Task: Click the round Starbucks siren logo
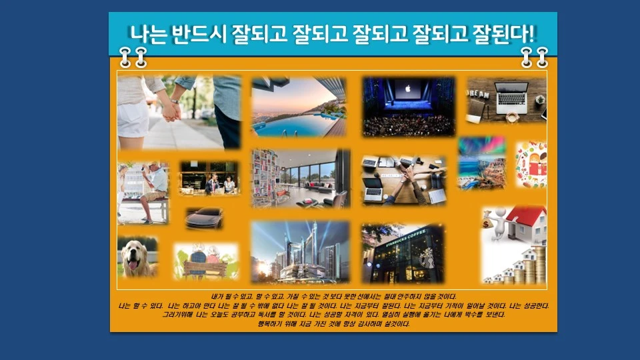click(x=427, y=255)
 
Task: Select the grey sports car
click(x=204, y=217)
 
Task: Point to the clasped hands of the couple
click(x=171, y=111)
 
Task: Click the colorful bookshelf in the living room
click(x=265, y=174)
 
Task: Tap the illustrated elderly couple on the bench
click(x=205, y=258)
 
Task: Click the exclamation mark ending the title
click(x=533, y=33)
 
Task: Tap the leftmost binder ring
click(x=125, y=57)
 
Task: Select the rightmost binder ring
click(x=543, y=57)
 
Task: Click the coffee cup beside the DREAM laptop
click(x=512, y=117)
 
